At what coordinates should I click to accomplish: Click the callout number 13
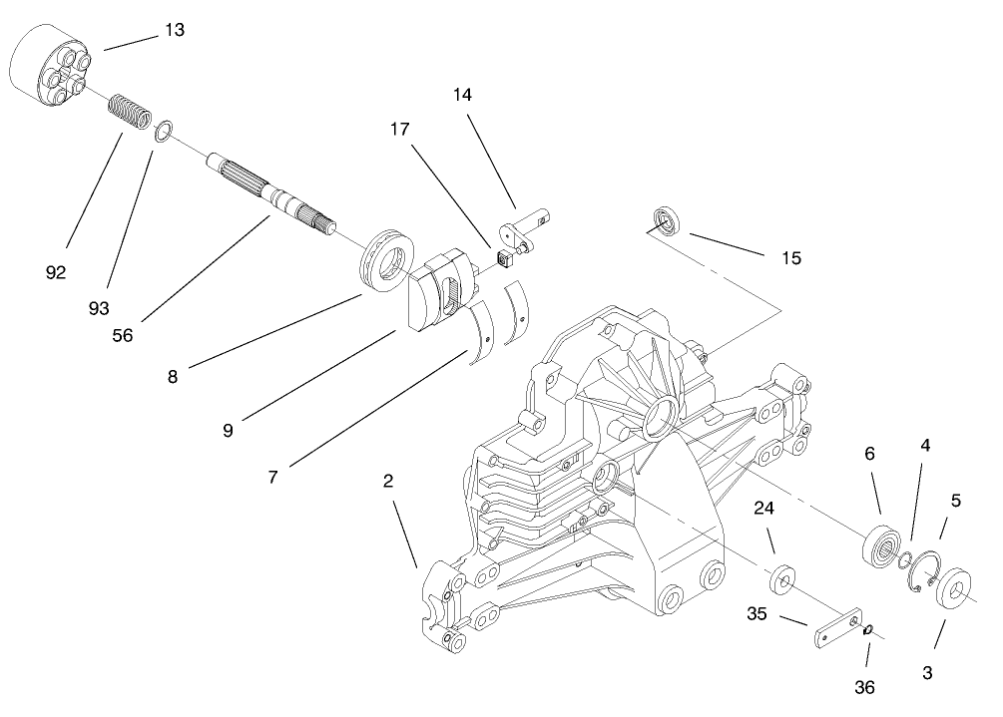[174, 30]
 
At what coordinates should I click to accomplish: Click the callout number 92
[56, 271]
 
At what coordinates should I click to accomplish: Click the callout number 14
[461, 95]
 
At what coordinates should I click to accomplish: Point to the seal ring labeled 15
[664, 220]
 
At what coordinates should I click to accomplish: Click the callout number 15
[790, 258]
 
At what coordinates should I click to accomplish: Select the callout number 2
[389, 481]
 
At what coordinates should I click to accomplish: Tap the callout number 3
[927, 673]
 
